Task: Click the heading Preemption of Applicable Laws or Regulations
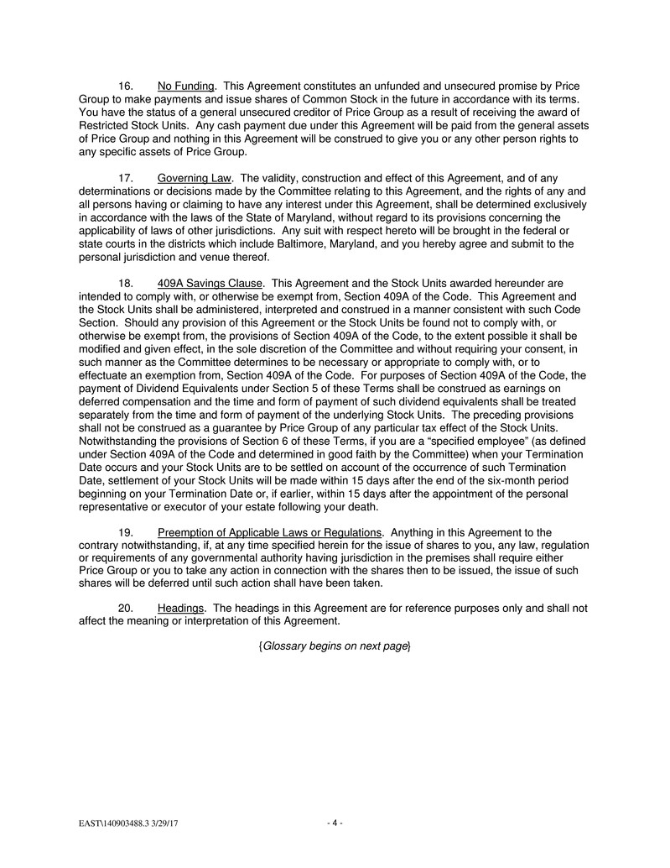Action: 269,532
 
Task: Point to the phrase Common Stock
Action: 285,100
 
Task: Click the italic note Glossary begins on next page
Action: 335,646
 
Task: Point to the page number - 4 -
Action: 335,824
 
